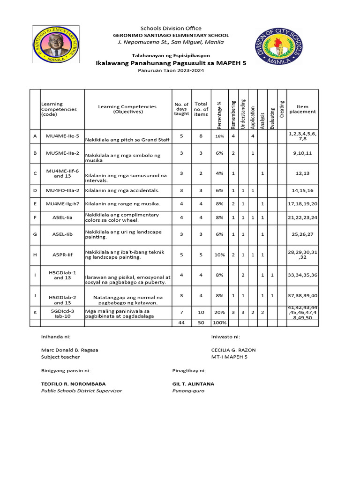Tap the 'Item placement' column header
[x=302, y=109]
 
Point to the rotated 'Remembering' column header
[x=233, y=114]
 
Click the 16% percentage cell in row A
[x=219, y=136]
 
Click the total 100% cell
[x=219, y=323]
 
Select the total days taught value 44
[x=181, y=323]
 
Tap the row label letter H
[x=35, y=255]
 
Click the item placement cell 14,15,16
[x=302, y=191]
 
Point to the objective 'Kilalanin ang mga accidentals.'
[x=122, y=191]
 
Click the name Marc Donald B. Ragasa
[x=70, y=350]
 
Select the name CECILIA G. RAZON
[x=233, y=350]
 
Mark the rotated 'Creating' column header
[x=282, y=109]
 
